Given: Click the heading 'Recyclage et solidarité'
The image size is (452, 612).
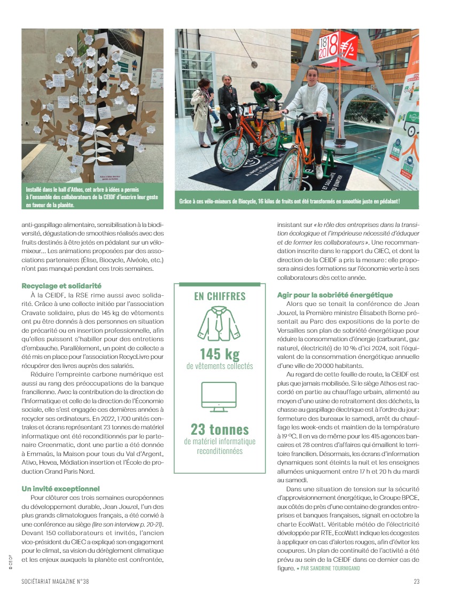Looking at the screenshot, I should coord(61,286).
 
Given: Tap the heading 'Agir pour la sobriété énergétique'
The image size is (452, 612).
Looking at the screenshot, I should coord(335,295).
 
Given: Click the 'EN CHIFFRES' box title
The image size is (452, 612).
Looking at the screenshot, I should coord(220,296).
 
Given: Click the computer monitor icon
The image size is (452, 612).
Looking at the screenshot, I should coord(219,397).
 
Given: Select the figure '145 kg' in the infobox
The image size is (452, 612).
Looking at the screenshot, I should coord(220,354).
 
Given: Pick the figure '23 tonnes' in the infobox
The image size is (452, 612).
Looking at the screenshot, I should coord(220,429).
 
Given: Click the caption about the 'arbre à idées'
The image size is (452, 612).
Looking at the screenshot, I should coord(92,197).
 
